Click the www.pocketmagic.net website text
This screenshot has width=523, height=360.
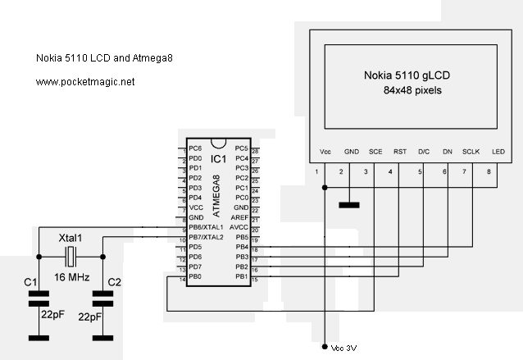click(x=85, y=82)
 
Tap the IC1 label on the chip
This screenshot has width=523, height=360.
click(x=218, y=158)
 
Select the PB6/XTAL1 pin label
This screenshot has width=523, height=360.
click(x=206, y=226)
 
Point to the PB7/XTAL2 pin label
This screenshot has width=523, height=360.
click(x=206, y=236)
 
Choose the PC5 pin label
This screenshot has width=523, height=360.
click(x=241, y=148)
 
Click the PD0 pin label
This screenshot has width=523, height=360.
click(x=195, y=158)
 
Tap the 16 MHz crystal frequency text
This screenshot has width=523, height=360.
click(x=72, y=278)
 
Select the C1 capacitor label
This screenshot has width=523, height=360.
click(x=31, y=282)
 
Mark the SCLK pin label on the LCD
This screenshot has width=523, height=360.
click(x=471, y=152)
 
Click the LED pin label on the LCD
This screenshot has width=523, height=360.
click(x=498, y=152)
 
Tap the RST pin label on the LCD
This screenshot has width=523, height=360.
click(x=400, y=152)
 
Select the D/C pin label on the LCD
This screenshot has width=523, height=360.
click(x=424, y=152)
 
